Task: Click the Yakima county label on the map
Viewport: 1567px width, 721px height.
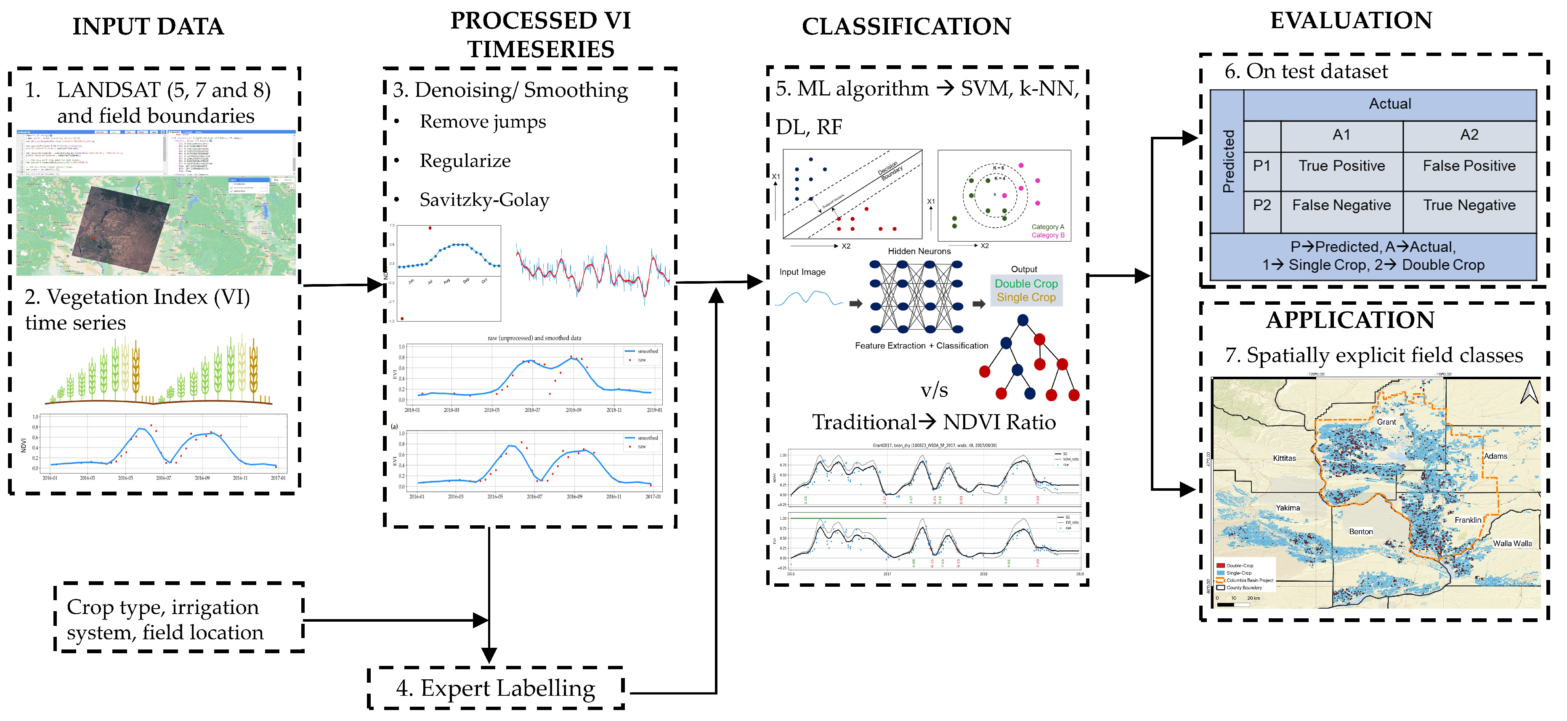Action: tap(1287, 508)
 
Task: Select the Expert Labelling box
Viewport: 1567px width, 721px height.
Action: tap(496, 688)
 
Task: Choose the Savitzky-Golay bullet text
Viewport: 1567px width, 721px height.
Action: tap(484, 200)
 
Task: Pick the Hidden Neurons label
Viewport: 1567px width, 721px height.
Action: tap(919, 251)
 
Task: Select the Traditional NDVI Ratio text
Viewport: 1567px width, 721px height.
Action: tap(933, 422)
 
